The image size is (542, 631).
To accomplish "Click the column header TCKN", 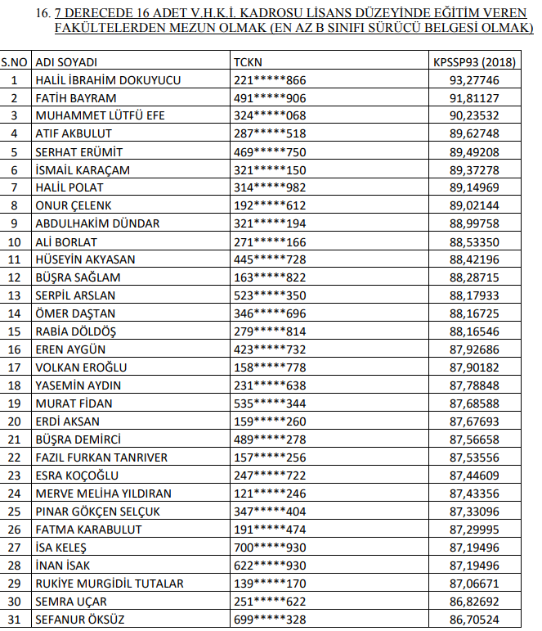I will click(248, 61).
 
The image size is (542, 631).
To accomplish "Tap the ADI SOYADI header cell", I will click(68, 61).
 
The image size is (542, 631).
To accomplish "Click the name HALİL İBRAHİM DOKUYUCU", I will click(108, 79).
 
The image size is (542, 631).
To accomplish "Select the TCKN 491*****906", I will click(270, 97).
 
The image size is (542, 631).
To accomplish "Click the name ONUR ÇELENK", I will click(74, 205).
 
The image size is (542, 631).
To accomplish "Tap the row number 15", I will click(14, 331).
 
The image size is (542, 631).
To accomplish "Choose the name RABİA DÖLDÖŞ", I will click(75, 331).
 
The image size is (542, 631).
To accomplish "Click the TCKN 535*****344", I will click(270, 403).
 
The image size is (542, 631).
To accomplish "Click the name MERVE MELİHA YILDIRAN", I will click(103, 494).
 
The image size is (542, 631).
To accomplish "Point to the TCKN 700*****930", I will click(270, 548).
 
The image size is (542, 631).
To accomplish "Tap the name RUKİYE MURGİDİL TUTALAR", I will click(109, 584).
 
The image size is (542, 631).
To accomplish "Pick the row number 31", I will click(14, 620).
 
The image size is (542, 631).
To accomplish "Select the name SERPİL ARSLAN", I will click(75, 295).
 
